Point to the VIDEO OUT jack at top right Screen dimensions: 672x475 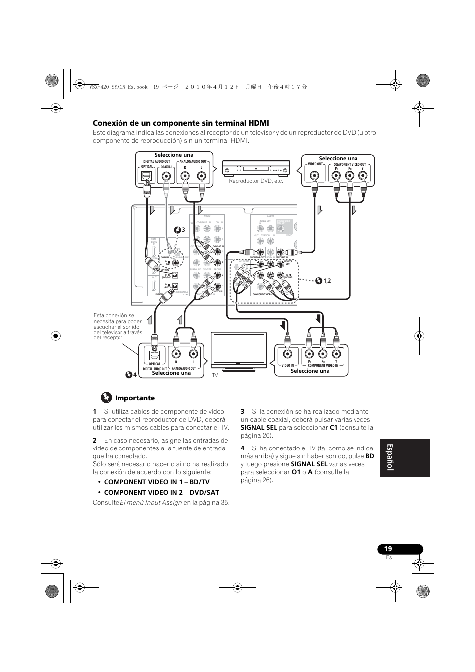pos(315,176)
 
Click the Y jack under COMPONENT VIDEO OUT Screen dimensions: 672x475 pos(363,176)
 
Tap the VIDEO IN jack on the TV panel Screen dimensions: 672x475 pos(287,354)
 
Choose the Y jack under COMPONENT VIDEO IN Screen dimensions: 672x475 pos(336,354)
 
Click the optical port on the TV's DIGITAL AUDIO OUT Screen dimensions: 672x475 pos(155,355)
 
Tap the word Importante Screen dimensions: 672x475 pos(135,398)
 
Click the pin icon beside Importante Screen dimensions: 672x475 pos(106,397)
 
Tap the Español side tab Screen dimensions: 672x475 pos(404,458)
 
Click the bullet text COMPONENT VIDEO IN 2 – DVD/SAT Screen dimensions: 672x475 pos(161,492)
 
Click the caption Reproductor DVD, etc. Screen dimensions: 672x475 pos(256,181)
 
